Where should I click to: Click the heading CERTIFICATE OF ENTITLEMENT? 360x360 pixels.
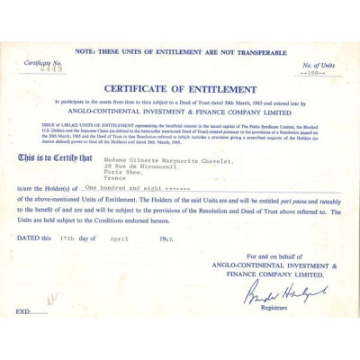pyautogui.click(x=180, y=89)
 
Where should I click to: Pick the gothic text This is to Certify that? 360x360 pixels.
pyautogui.click(x=55, y=158)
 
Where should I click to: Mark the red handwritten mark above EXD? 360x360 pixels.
pyautogui.click(x=52, y=298)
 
